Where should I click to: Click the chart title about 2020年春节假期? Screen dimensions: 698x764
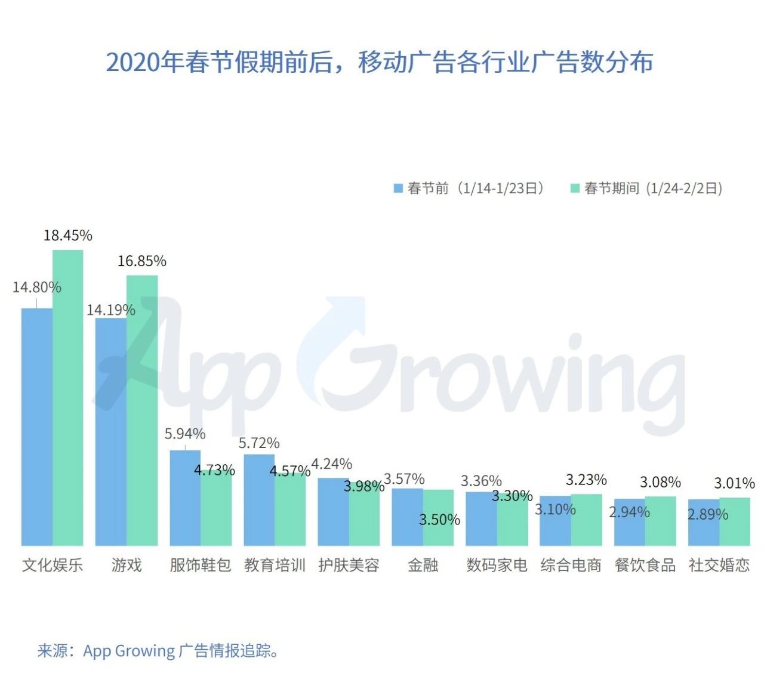tap(380, 62)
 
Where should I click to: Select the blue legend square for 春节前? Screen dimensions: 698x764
tap(398, 189)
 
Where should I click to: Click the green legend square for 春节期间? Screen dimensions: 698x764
tap(575, 189)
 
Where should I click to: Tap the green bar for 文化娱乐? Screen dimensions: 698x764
tap(68, 397)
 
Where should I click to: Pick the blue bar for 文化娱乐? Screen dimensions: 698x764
tap(37, 427)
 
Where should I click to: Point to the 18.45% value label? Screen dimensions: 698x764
tap(68, 236)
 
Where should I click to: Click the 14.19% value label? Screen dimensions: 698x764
tap(111, 310)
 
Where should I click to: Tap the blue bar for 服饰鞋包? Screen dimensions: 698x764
tap(185, 498)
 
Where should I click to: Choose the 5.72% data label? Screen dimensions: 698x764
tap(259, 443)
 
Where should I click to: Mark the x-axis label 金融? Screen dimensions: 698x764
tap(423, 565)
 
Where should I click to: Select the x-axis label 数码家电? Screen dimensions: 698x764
tap(497, 565)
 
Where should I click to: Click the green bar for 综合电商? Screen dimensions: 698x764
tap(586, 520)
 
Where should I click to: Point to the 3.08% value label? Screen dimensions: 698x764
tap(660, 482)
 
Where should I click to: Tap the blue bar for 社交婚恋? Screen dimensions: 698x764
tap(703, 523)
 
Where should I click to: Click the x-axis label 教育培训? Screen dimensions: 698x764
tap(275, 565)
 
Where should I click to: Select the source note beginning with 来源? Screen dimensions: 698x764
tap(158, 650)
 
